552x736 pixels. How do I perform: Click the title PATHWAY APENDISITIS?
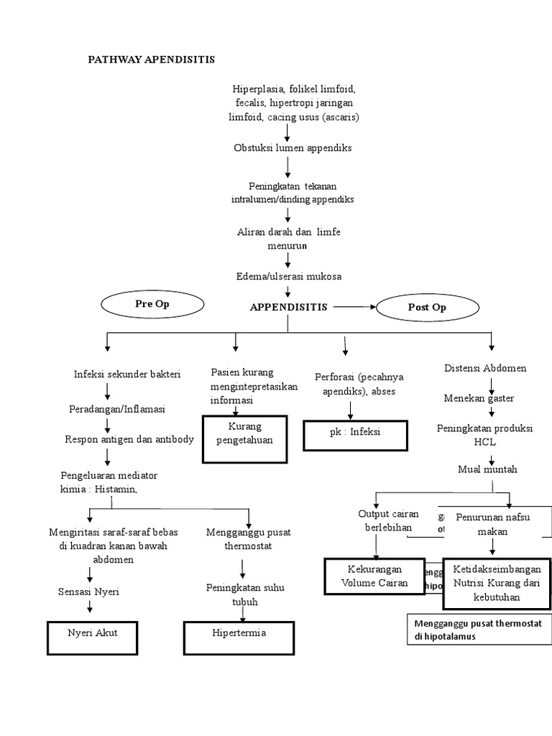coord(151,59)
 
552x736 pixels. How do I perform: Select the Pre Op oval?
coord(152,304)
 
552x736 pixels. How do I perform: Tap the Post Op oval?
coord(427,307)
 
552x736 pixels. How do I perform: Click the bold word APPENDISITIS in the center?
coord(288,307)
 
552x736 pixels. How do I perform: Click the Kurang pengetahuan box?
coord(245,434)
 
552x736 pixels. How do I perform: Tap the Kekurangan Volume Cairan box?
coord(375,576)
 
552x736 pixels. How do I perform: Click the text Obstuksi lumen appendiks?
coord(287,147)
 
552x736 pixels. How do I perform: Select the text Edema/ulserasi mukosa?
coord(287,276)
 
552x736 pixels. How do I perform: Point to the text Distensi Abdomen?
coord(485,368)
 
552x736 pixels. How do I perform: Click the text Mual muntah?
coord(487,469)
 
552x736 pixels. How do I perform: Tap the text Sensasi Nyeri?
coord(88,592)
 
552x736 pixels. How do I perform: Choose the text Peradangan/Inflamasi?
coord(117,408)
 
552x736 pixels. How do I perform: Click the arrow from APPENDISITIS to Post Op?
coord(354,307)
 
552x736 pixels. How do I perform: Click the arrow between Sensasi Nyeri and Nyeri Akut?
coord(90,607)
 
